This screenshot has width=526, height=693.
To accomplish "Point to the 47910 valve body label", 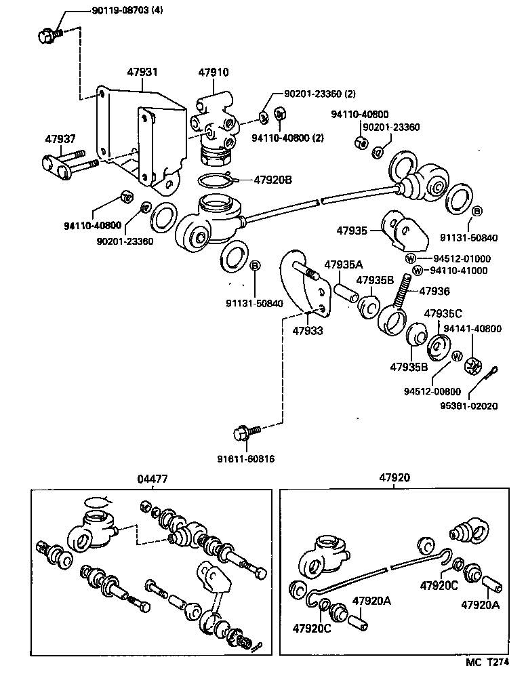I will pos(214,71).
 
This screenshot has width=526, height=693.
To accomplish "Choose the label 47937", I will pos(60,138).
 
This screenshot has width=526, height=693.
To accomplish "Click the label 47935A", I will pos(345,264).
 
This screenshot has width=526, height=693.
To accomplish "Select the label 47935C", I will pos(443,313).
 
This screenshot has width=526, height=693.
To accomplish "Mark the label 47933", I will pos(307,331).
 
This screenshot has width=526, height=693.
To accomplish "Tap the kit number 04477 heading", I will pos(152,479).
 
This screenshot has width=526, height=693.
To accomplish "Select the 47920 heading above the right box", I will pos(394,478).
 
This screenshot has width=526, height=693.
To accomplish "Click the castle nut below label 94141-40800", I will pos(472,365).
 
